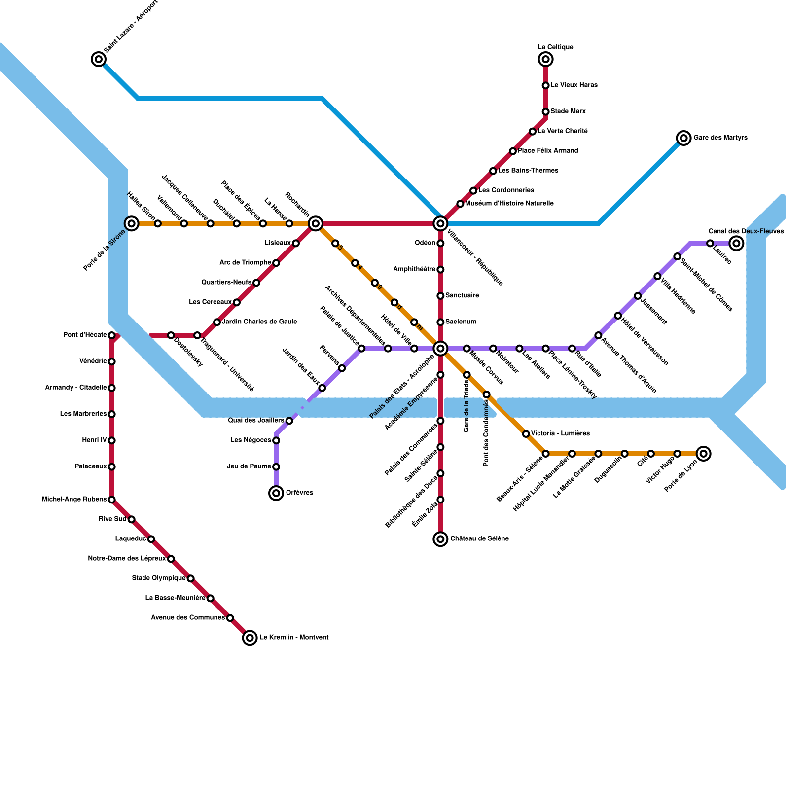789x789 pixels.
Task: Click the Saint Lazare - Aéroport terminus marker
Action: [99, 59]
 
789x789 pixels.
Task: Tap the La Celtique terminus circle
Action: [545, 59]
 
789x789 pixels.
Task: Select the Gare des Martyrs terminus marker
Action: [683, 138]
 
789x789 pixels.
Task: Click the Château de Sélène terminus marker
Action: [440, 539]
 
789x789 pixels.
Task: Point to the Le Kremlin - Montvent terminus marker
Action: [250, 638]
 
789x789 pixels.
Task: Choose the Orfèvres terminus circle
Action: [276, 493]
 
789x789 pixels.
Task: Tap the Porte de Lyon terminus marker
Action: [704, 454]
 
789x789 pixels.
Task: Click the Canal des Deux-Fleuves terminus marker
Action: [736, 243]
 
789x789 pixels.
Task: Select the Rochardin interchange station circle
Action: [316, 224]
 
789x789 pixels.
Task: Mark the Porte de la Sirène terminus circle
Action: [132, 224]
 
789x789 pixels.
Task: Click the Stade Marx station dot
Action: [545, 112]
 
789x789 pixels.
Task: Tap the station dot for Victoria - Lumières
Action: [526, 434]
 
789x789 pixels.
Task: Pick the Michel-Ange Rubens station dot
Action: [112, 500]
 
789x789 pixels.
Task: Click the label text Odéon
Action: [425, 243]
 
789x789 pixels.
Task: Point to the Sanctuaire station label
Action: [462, 296]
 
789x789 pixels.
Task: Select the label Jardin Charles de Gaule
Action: [259, 322]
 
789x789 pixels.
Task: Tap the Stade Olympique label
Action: [158, 578]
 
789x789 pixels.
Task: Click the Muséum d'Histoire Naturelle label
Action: [509, 204]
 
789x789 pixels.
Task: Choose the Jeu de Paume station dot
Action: [276, 466]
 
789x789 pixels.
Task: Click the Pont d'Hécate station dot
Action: [112, 335]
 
